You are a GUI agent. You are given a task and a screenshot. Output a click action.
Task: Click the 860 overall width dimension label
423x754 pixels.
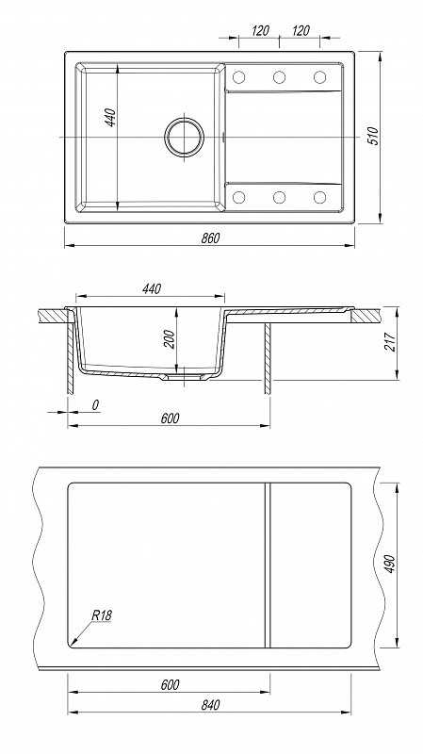(209, 238)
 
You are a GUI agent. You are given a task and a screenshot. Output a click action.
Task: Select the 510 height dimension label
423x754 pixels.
(373, 136)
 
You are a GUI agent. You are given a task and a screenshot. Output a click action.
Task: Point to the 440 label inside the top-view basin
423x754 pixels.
(110, 118)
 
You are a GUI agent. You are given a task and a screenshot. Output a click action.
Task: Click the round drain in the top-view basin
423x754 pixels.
(184, 137)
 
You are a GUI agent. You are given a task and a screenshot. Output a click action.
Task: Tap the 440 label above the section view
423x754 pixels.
(151, 288)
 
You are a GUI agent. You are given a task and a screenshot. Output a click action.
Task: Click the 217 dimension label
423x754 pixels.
(390, 342)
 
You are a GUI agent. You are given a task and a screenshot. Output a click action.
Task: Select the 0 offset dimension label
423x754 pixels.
(95, 405)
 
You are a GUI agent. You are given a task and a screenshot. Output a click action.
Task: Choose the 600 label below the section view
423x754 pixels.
(170, 418)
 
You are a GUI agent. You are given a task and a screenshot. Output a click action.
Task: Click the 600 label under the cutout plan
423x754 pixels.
(170, 684)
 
